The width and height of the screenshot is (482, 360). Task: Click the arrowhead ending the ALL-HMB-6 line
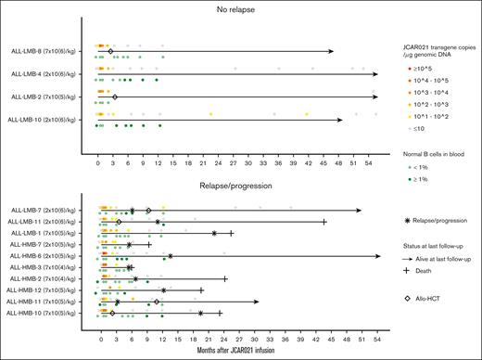coord(378,255)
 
